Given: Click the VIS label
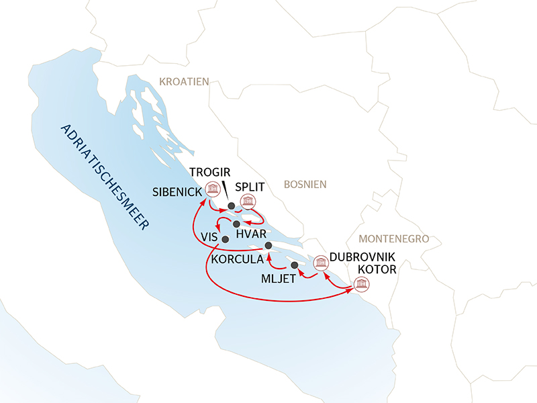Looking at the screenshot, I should [209, 236].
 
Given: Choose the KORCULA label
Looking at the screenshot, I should [236, 257].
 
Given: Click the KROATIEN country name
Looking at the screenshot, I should [184, 81].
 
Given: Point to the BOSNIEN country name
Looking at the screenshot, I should [305, 183].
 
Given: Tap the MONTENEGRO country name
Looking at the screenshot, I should [393, 239].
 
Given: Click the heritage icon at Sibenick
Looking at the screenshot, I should [213, 189].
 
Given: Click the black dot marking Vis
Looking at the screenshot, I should [225, 239].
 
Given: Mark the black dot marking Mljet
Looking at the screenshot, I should [294, 265].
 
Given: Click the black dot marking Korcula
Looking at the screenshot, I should [268, 245].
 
